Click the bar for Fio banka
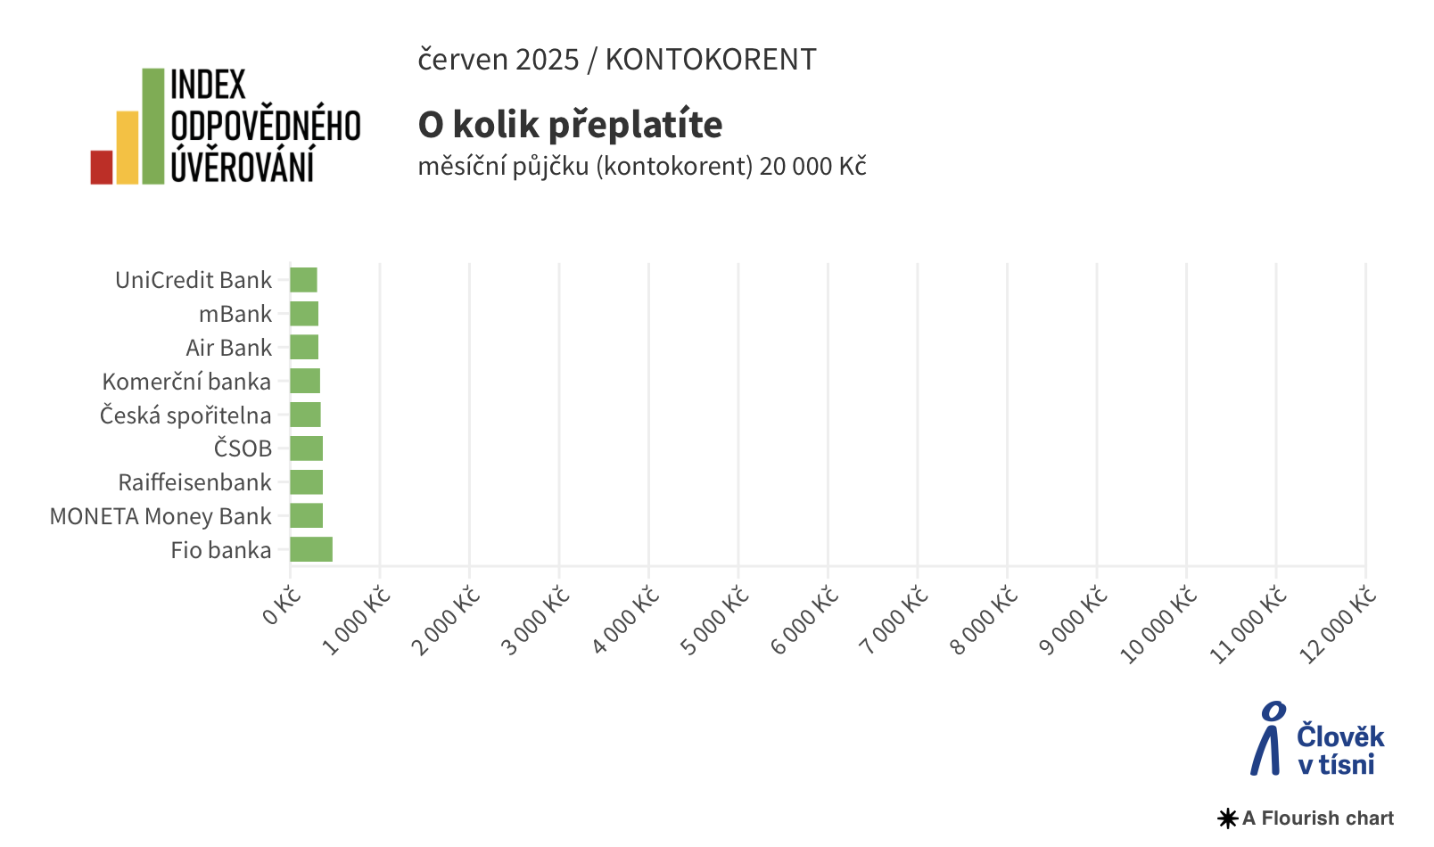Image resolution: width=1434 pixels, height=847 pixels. [x=311, y=549]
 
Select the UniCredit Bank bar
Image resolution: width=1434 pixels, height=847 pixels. [x=303, y=280]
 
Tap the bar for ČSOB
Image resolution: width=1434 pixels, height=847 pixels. [x=306, y=448]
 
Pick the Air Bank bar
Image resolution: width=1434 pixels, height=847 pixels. [x=304, y=348]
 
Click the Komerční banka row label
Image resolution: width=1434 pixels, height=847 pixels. [x=186, y=382]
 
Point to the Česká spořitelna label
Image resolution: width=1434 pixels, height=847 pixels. [x=185, y=415]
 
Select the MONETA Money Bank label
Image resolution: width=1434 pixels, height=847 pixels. [x=161, y=516]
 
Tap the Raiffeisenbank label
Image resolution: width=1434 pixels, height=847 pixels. [x=194, y=482]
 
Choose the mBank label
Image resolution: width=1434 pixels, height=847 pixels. [x=235, y=314]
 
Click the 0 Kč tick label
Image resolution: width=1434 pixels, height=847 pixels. [x=282, y=606]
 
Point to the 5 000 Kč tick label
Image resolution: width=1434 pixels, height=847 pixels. [x=715, y=621]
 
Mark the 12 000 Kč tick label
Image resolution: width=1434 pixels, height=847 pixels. [x=1338, y=626]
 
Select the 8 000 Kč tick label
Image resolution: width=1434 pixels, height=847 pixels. [x=985, y=621]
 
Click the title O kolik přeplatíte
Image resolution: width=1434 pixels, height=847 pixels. [x=570, y=124]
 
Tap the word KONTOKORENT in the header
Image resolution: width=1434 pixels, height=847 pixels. [x=710, y=60]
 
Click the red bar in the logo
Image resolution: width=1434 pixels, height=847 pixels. [x=102, y=168]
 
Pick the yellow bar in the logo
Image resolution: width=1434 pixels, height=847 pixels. [x=128, y=148]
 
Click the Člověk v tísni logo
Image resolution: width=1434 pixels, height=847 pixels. [x=1317, y=739]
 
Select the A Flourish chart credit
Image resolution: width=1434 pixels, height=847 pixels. [x=1306, y=818]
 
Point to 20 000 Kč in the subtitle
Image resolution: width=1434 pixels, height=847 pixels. [x=812, y=167]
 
